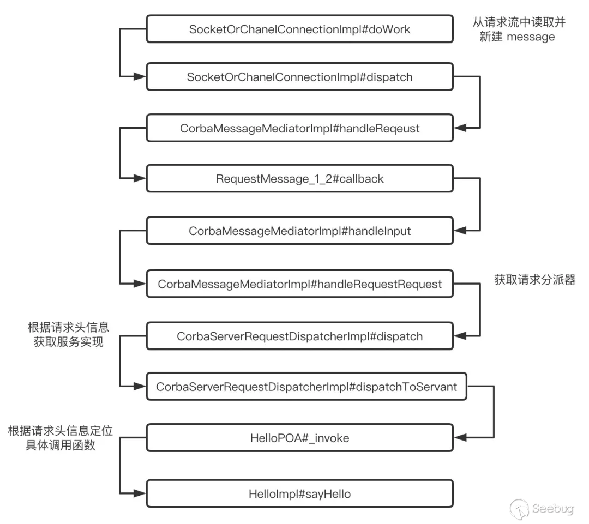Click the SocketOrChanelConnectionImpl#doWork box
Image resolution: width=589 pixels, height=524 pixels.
pyautogui.click(x=300, y=29)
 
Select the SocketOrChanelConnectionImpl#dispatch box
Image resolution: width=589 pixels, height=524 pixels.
pyautogui.click(x=300, y=77)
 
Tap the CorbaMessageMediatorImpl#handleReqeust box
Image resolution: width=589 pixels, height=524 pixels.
pyautogui.click(x=300, y=129)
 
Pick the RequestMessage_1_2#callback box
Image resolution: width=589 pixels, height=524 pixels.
pyautogui.click(x=300, y=179)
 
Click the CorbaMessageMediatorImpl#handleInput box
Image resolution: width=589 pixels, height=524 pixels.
pyautogui.click(x=300, y=231)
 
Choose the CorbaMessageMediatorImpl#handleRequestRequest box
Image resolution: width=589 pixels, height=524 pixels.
pyautogui.click(x=300, y=284)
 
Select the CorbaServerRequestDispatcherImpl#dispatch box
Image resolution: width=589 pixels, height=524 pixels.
pyautogui.click(x=300, y=336)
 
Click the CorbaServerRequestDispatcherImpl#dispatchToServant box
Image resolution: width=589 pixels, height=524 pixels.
pyautogui.click(x=306, y=387)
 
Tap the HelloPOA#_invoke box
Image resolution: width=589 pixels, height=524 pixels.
pyautogui.click(x=300, y=438)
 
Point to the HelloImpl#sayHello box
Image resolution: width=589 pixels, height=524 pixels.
pyautogui.click(x=300, y=494)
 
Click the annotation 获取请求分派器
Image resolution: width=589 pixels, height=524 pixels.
pyautogui.click(x=534, y=280)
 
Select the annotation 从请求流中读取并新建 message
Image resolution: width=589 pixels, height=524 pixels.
pyautogui.click(x=513, y=30)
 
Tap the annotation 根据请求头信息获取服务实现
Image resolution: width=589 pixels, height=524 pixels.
pyautogui.click(x=68, y=334)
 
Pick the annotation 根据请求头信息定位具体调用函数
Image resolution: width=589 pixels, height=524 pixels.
pyautogui.click(x=60, y=438)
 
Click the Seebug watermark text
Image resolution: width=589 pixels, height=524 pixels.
pyautogui.click(x=552, y=508)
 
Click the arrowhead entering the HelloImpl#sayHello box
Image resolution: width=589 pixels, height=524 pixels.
pyautogui.click(x=140, y=494)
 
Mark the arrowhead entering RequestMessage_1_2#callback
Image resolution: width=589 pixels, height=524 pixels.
pyautogui.click(x=140, y=179)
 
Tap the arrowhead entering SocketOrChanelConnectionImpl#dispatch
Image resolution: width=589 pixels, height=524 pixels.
pyautogui.click(x=140, y=77)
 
